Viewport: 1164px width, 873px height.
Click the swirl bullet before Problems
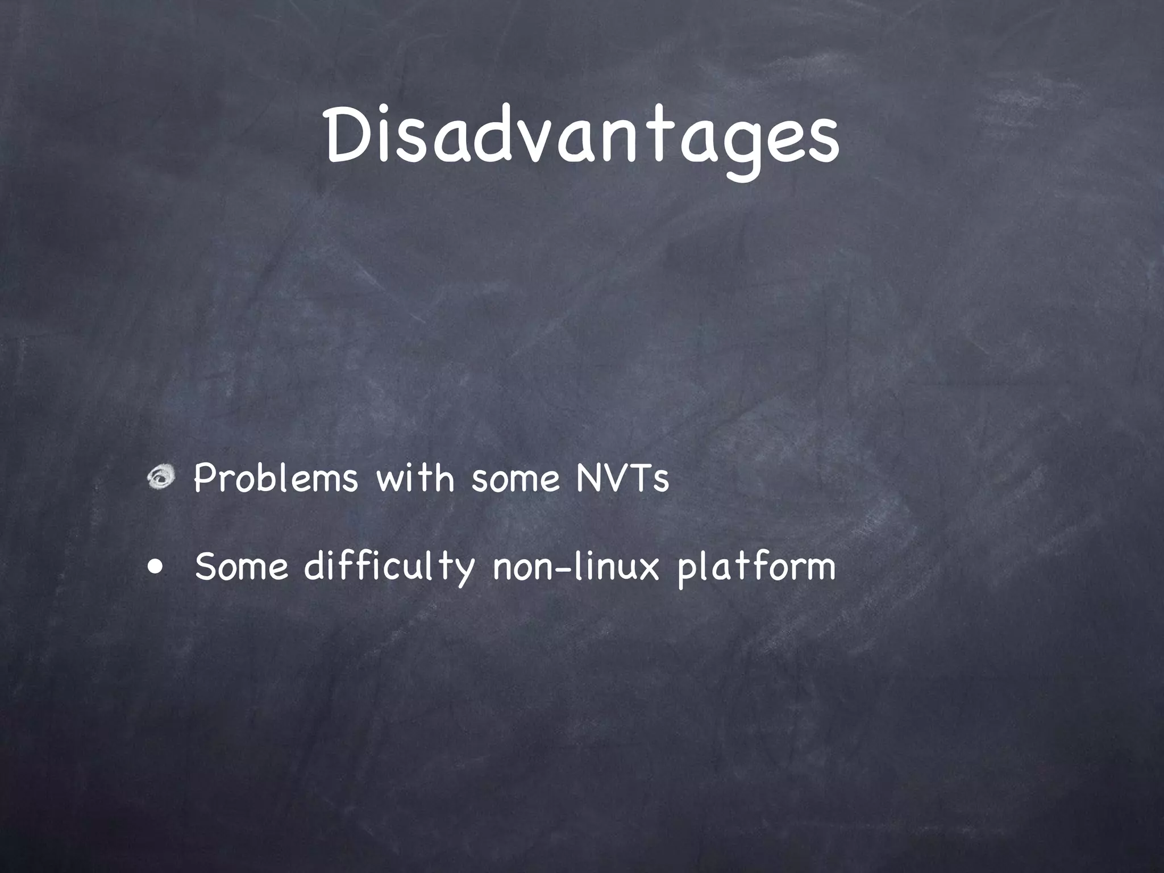coord(161,479)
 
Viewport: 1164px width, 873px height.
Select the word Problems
coord(276,479)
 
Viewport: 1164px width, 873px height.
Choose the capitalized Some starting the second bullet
coord(242,567)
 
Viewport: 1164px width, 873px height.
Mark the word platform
coord(756,568)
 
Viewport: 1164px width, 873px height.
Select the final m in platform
coord(819,569)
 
